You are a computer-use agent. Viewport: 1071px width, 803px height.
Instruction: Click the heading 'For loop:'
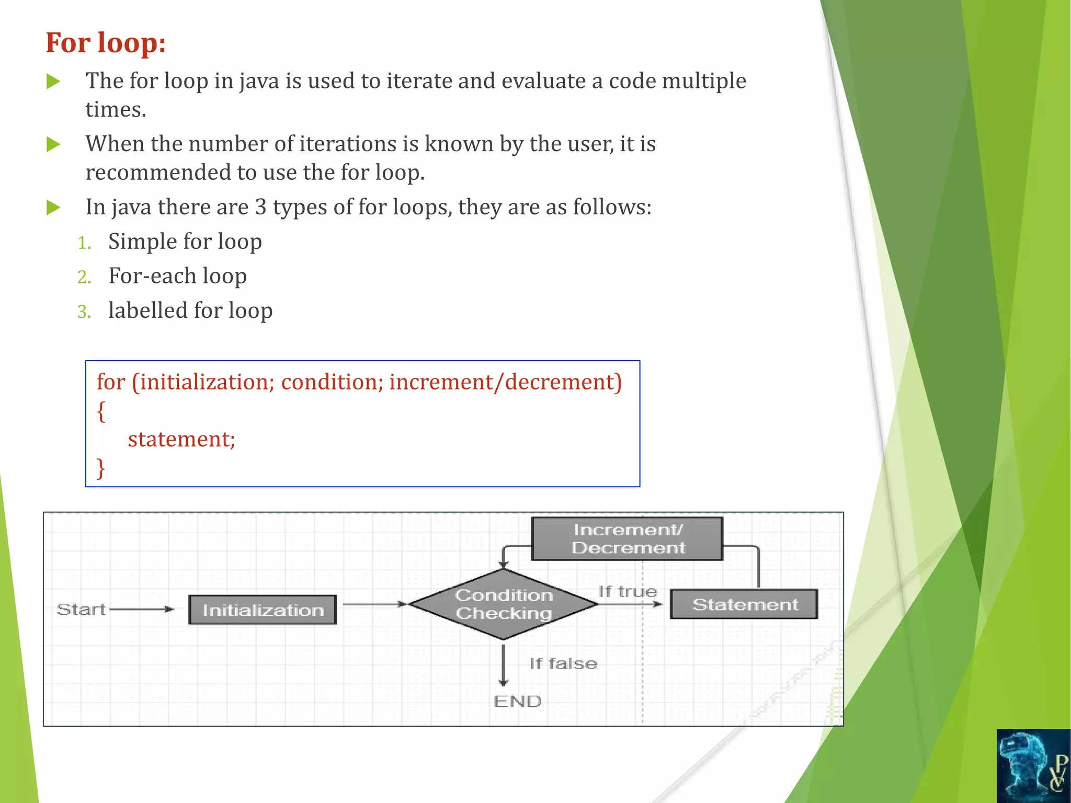click(106, 43)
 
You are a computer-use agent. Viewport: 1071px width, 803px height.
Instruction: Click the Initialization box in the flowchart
click(263, 610)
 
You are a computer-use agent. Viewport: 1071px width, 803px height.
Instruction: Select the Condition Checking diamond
click(503, 604)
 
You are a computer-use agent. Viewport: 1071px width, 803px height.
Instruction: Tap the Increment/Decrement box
click(627, 539)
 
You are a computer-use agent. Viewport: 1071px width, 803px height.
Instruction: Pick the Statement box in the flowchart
click(744, 604)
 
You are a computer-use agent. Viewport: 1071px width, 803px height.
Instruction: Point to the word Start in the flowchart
click(81, 610)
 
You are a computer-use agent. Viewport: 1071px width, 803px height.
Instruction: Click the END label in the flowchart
click(517, 702)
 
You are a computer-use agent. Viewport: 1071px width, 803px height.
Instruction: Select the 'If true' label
click(628, 592)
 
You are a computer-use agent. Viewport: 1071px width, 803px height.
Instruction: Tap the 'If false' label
click(563, 664)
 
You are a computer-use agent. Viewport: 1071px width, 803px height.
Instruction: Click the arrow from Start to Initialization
click(141, 610)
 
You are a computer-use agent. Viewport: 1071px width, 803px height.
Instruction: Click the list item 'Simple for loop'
click(185, 242)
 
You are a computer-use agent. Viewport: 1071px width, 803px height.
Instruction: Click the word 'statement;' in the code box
click(181, 439)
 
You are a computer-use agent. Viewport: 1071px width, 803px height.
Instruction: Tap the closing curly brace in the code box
click(101, 468)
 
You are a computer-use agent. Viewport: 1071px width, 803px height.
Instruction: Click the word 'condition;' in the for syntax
click(332, 382)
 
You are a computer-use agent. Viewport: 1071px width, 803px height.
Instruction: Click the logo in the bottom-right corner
click(1033, 766)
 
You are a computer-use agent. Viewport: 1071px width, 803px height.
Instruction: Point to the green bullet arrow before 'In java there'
click(53, 208)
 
